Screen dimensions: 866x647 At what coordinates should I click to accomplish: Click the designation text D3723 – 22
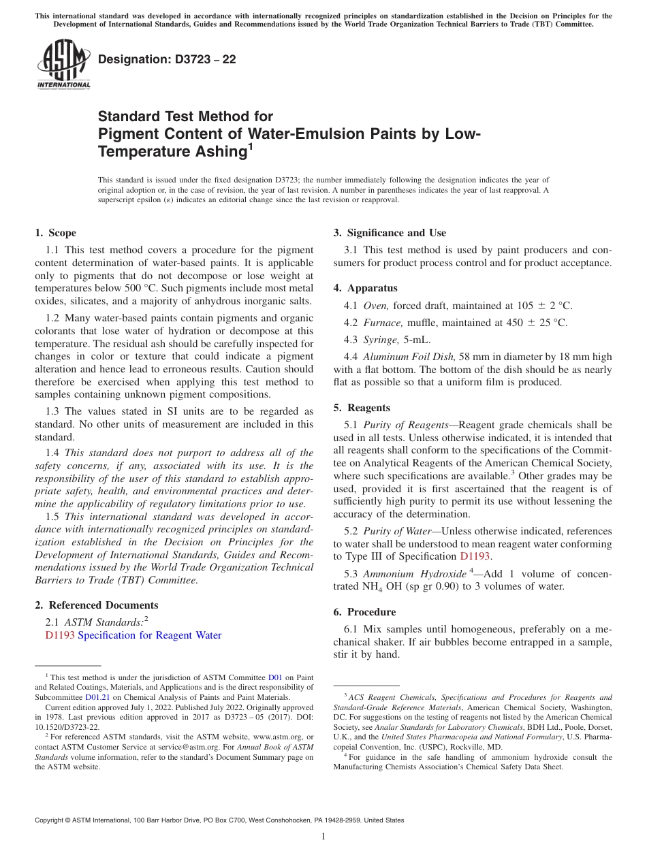(167, 59)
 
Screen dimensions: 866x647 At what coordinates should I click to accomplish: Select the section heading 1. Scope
(56, 233)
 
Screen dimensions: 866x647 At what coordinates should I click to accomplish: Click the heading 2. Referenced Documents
(97, 605)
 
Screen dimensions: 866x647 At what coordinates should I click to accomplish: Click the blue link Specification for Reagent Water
(150, 635)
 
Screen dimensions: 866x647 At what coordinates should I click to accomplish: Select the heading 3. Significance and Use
(390, 233)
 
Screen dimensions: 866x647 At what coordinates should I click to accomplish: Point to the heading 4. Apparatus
(365, 288)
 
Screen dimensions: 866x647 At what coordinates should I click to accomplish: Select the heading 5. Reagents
(362, 408)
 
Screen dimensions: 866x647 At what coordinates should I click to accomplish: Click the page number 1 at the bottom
(323, 837)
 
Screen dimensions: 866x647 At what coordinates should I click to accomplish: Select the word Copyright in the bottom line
(52, 820)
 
